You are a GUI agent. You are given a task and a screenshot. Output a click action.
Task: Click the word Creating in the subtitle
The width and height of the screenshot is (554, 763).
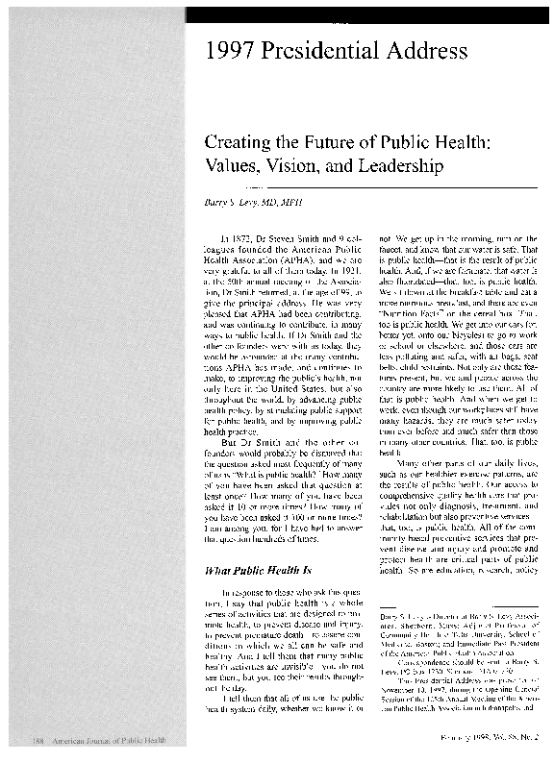[x=238, y=141]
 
